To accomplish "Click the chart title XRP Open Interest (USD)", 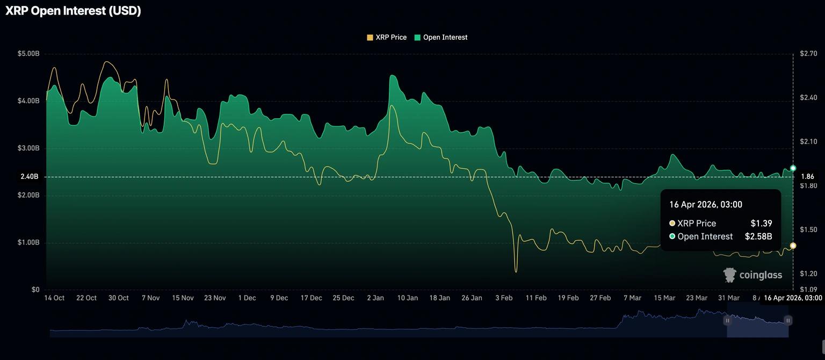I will pyautogui.click(x=73, y=11).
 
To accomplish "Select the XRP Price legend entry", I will pyautogui.click(x=387, y=38).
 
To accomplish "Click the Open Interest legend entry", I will pyautogui.click(x=441, y=38).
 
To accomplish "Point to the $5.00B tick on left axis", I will pyautogui.click(x=28, y=54).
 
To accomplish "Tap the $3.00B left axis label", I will pyautogui.click(x=28, y=148).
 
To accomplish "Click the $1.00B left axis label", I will pyautogui.click(x=28, y=243).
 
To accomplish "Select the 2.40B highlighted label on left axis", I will pyautogui.click(x=30, y=177).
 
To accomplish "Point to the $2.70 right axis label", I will pyautogui.click(x=808, y=54).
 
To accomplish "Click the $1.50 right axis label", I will pyautogui.click(x=808, y=230).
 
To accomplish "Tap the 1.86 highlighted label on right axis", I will pyautogui.click(x=807, y=177).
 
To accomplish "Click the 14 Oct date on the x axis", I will pyautogui.click(x=54, y=298).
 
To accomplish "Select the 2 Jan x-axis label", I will pyautogui.click(x=375, y=298).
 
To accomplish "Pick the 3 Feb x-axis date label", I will pyautogui.click(x=504, y=298).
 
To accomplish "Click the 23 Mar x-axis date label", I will pyautogui.click(x=697, y=298).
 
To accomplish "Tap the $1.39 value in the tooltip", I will pyautogui.click(x=761, y=224).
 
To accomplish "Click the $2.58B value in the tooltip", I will pyautogui.click(x=758, y=236).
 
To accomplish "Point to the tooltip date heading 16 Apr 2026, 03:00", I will pyautogui.click(x=705, y=205).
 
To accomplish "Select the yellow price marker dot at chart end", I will pyautogui.click(x=793, y=246).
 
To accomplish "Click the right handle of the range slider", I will pyautogui.click(x=788, y=321).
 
